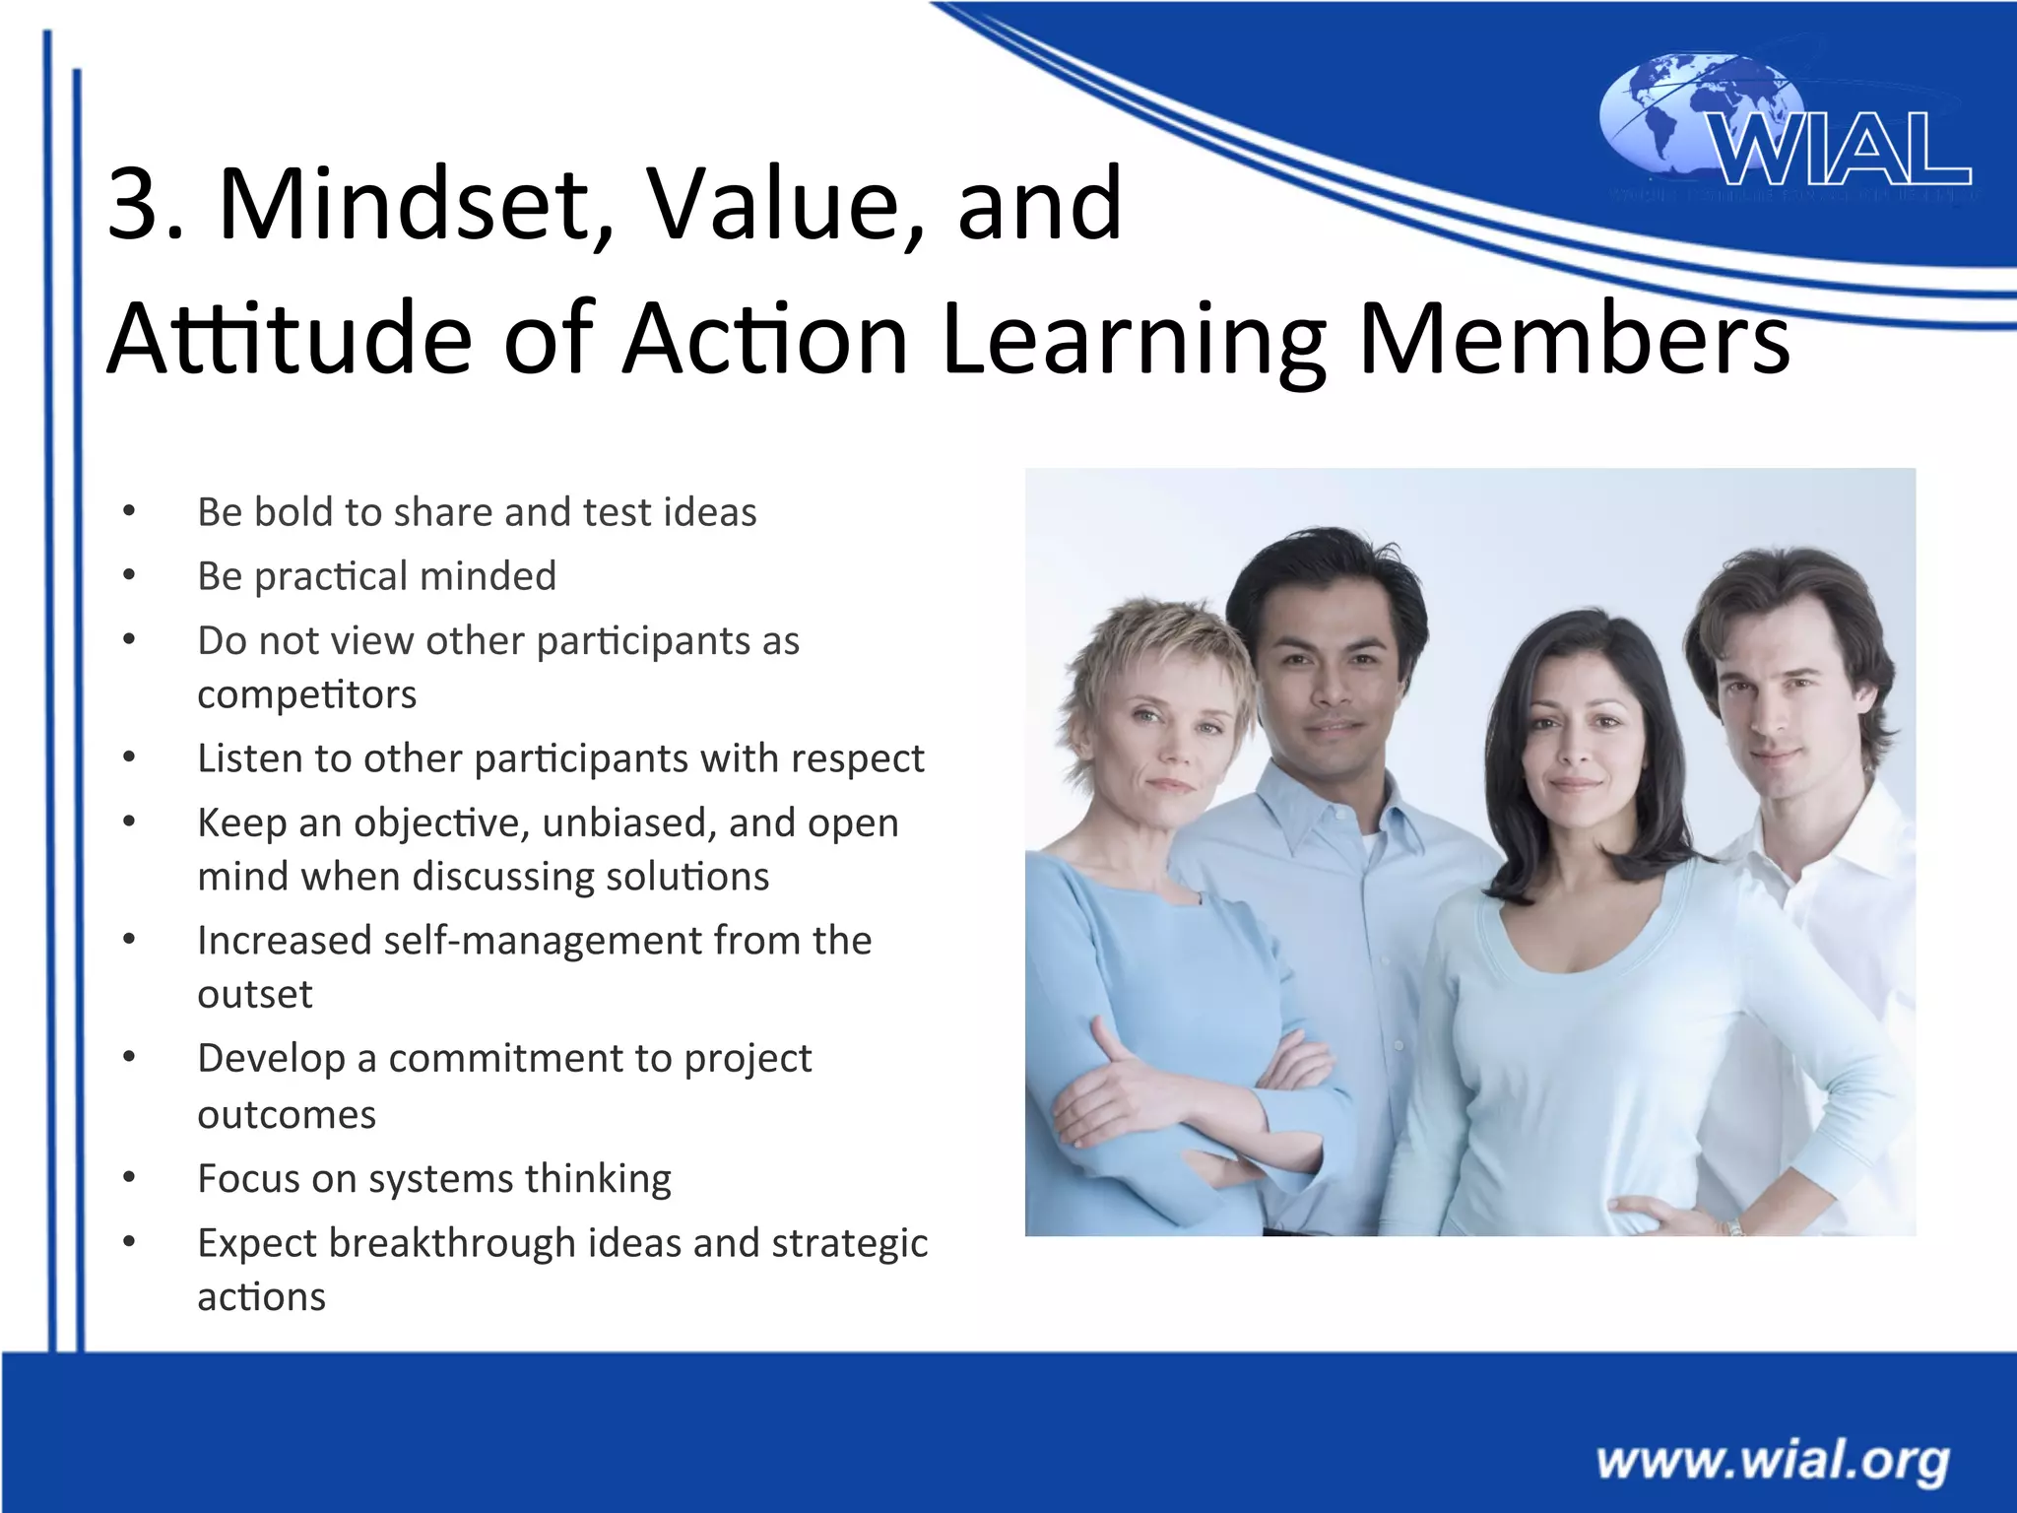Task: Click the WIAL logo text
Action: (x=1840, y=150)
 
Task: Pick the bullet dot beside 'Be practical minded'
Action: (x=129, y=575)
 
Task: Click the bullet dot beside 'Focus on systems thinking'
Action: (x=129, y=1178)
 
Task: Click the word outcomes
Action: (x=287, y=1115)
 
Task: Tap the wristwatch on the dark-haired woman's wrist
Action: (x=1732, y=1226)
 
